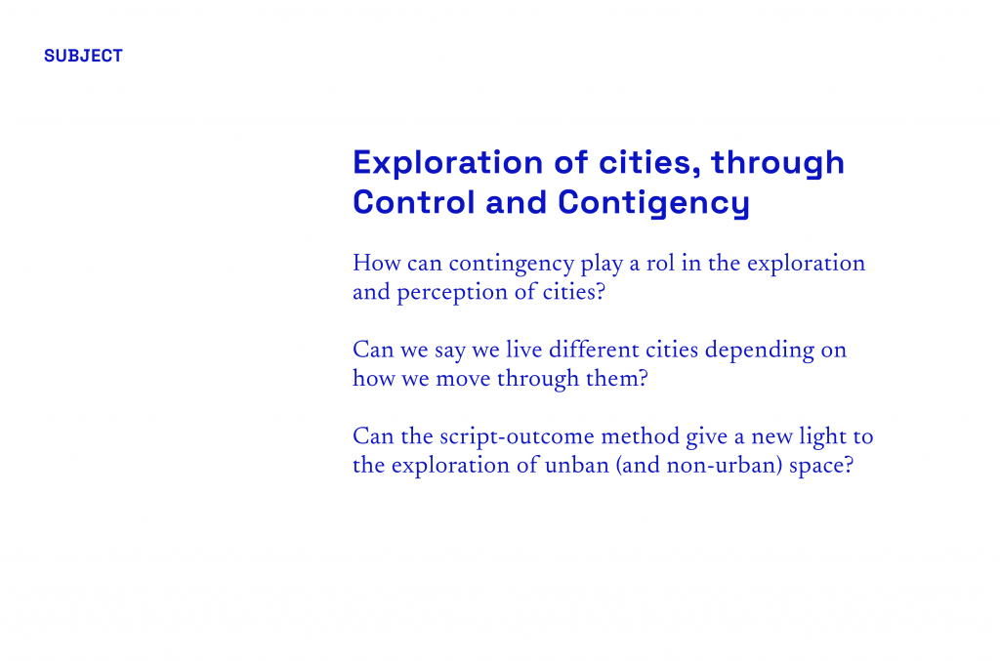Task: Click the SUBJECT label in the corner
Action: click(83, 56)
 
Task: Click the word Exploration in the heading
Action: click(447, 163)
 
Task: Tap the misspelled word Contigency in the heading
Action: click(653, 204)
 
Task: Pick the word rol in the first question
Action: click(660, 263)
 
